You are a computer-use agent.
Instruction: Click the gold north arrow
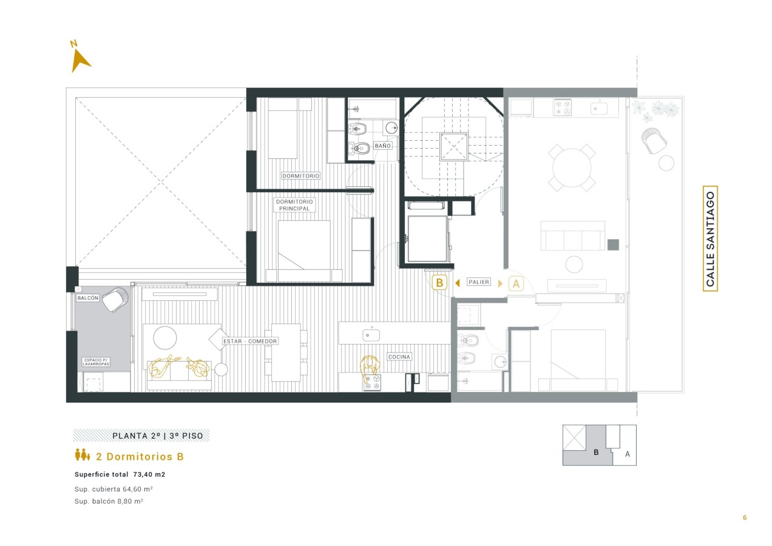click(80, 61)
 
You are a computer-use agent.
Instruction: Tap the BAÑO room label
click(382, 146)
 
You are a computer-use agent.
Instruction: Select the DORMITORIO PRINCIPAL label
click(295, 205)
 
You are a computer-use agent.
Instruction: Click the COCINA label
click(399, 357)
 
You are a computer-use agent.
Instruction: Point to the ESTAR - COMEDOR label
click(250, 341)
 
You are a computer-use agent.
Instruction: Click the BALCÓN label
click(88, 298)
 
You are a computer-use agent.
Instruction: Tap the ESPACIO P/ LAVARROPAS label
click(96, 362)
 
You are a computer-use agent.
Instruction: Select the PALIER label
click(479, 281)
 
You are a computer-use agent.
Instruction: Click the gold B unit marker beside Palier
click(439, 283)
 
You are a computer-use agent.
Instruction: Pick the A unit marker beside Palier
click(516, 283)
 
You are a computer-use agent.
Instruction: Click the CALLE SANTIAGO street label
click(710, 239)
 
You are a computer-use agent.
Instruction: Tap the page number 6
click(745, 517)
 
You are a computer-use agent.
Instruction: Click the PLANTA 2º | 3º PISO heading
click(158, 436)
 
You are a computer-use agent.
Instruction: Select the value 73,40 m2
click(149, 474)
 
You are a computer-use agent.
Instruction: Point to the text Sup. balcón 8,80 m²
click(109, 501)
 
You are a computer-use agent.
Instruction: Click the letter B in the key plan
click(596, 453)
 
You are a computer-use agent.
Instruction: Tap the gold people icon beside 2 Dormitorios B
click(83, 455)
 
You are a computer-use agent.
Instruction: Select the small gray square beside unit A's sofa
click(613, 244)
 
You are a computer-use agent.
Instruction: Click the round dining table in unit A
click(572, 168)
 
